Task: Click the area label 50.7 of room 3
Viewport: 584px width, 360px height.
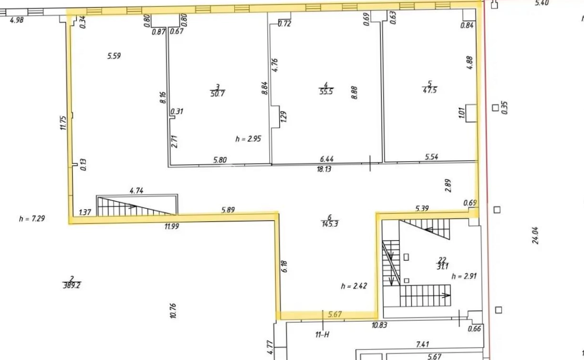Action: click(218, 94)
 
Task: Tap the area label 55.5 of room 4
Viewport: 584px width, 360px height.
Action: click(326, 92)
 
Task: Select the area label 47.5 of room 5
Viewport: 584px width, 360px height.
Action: click(430, 90)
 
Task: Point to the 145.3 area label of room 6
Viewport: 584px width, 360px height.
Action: click(330, 224)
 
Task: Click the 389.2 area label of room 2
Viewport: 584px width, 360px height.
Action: click(72, 286)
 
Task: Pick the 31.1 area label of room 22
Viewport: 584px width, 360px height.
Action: click(442, 266)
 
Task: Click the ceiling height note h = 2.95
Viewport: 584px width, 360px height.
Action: click(248, 139)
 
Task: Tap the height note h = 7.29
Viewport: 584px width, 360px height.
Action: click(32, 218)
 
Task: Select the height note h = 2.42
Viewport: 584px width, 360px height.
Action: click(354, 286)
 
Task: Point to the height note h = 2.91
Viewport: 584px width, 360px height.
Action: click(464, 276)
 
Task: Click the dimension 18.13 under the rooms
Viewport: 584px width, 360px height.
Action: click(324, 169)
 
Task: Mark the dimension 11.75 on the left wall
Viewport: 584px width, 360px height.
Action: click(63, 123)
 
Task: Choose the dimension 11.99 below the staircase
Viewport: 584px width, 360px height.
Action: click(172, 226)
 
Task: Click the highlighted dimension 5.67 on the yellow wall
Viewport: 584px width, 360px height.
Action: click(335, 314)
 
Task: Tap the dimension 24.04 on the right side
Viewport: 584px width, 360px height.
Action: click(535, 235)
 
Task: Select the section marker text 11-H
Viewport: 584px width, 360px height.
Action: click(322, 334)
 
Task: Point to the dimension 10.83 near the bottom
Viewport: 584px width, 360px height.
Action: click(379, 325)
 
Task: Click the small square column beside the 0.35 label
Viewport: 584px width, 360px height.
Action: click(495, 108)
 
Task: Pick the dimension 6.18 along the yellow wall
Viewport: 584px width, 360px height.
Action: click(284, 266)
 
